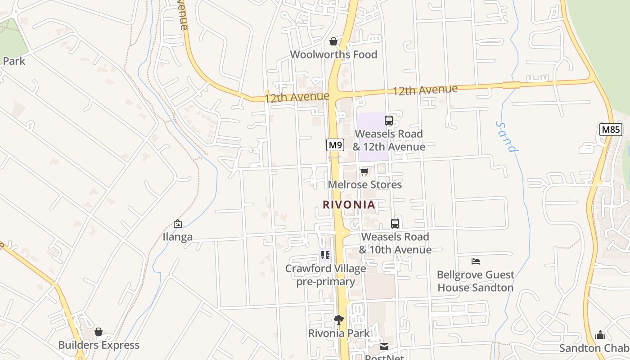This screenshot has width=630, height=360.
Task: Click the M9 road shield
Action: click(x=335, y=145)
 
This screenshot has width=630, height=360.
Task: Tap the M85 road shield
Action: click(x=611, y=130)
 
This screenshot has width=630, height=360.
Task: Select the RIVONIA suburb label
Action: click(x=349, y=205)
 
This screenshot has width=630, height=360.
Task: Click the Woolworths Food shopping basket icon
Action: click(x=333, y=41)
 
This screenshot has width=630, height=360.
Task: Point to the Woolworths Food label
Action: click(x=333, y=54)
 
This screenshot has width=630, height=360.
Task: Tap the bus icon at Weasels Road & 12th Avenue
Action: click(x=389, y=121)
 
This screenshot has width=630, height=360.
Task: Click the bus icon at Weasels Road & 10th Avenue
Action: click(x=395, y=224)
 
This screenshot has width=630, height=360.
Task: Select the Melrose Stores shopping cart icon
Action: click(x=364, y=171)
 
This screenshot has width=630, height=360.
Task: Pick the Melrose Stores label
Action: click(x=364, y=184)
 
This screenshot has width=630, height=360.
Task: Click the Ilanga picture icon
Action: click(x=178, y=224)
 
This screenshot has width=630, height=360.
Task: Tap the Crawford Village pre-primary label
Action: click(x=325, y=275)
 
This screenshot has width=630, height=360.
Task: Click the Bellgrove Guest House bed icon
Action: click(x=476, y=261)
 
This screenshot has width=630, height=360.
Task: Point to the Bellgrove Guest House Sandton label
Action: click(x=476, y=281)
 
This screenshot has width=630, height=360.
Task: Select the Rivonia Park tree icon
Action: click(x=339, y=320)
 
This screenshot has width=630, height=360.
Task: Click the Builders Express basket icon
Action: click(x=99, y=332)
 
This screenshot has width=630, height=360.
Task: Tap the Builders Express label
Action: click(x=99, y=345)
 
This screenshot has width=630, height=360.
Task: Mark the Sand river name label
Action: click(x=507, y=137)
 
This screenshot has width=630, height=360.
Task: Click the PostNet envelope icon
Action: click(x=384, y=346)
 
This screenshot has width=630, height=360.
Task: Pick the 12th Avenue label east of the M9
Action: click(x=425, y=90)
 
